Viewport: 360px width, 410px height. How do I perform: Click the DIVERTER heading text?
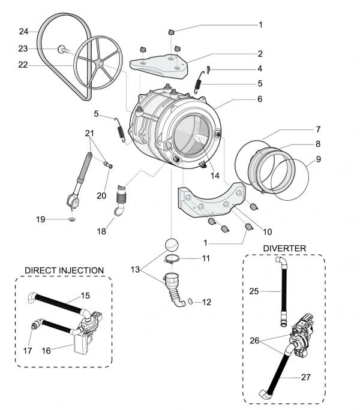point(284,248)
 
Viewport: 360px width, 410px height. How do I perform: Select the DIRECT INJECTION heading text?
point(64,270)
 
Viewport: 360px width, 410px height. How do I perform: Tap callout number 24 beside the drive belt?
point(23,32)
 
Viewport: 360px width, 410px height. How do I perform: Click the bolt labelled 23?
point(63,49)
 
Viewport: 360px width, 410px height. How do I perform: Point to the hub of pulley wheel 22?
point(100,64)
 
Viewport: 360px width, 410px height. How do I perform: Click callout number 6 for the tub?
point(260,99)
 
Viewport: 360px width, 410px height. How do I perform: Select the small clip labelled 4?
point(208,70)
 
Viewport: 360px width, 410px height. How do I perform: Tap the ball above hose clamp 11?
point(172,245)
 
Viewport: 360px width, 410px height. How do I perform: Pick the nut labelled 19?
point(71,219)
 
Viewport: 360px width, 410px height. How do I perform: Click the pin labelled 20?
point(108,165)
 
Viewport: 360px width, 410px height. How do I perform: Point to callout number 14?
point(215,176)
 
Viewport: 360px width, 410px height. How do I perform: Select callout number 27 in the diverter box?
point(306,377)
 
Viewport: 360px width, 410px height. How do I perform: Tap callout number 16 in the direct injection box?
point(46,351)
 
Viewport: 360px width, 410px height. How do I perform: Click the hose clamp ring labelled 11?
point(172,260)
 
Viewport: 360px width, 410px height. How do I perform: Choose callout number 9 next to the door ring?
point(319,159)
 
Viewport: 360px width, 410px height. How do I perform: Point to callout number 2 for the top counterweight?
point(260,53)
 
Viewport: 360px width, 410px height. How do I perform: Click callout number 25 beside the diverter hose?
point(254,291)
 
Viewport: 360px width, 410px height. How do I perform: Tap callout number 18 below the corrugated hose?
point(101,231)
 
